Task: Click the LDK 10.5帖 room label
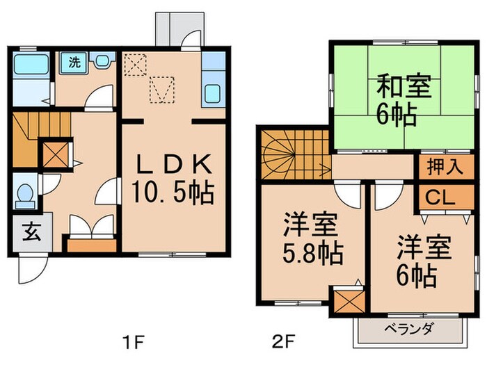tap(173, 177)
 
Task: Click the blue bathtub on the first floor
tap(31, 65)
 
